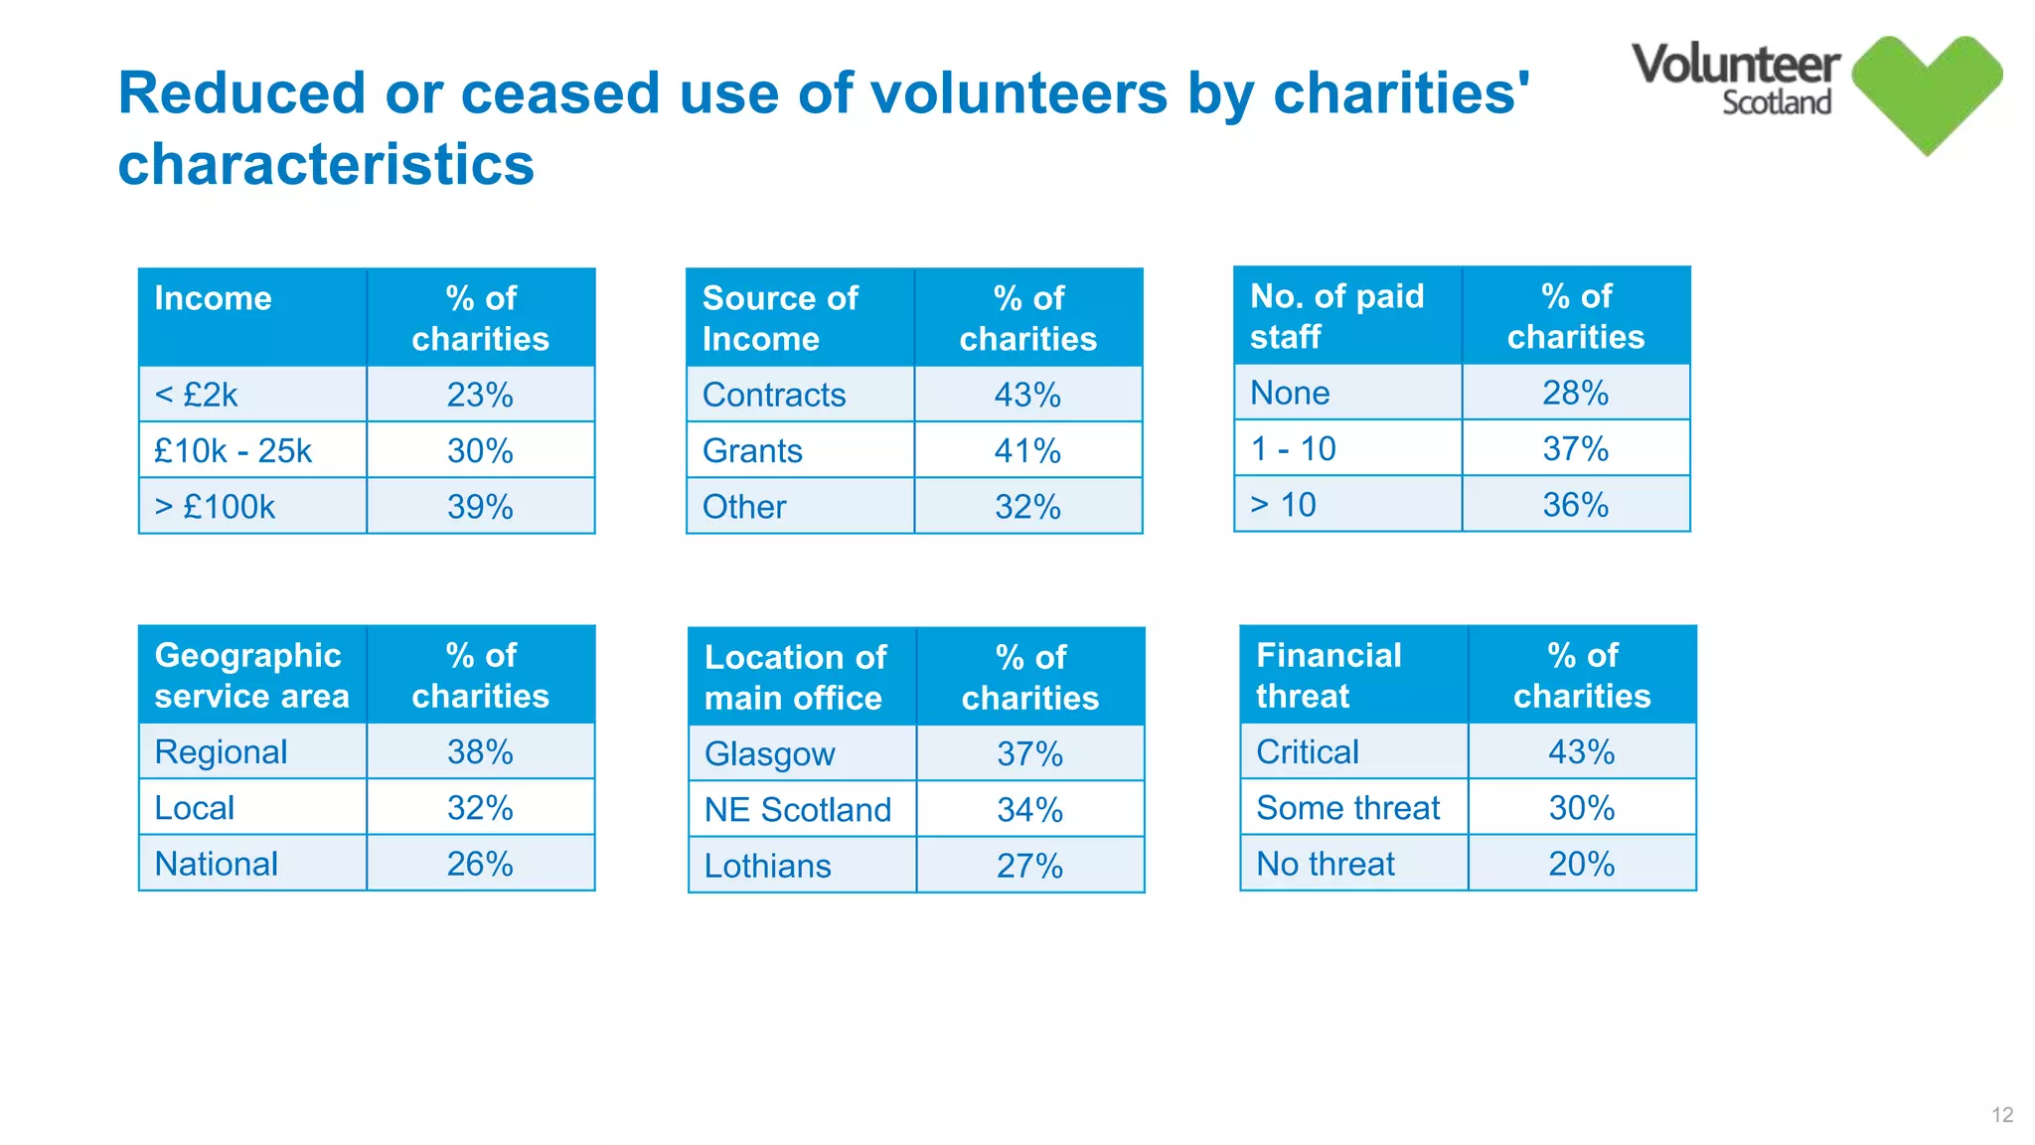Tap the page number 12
[x=2002, y=1115]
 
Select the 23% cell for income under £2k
[x=480, y=395]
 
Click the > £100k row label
[x=215, y=507]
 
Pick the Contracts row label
[x=774, y=395]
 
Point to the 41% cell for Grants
[x=1027, y=451]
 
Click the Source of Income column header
[x=780, y=318]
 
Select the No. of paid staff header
[x=1336, y=316]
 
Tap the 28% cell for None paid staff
[x=1575, y=393]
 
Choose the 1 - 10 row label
[x=1293, y=449]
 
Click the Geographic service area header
[x=251, y=675]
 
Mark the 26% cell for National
[x=480, y=864]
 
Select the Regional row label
[x=221, y=752]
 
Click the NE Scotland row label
[x=797, y=810]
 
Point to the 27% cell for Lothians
[x=1029, y=866]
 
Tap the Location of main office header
[x=795, y=677]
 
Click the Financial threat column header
[x=1329, y=675]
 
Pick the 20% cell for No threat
[x=1581, y=864]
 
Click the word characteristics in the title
[x=326, y=164]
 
